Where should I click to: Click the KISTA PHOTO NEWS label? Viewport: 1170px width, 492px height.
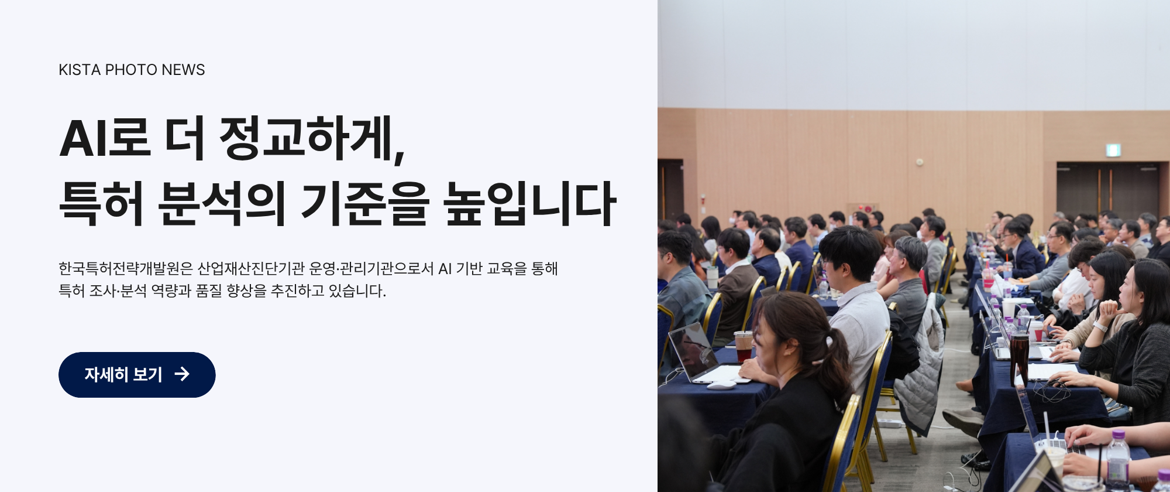pos(132,70)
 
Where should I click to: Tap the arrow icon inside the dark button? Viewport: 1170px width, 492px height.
pos(182,374)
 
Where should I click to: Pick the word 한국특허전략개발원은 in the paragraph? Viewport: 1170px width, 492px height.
pos(125,269)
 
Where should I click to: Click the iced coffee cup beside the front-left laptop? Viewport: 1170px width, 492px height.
pos(742,346)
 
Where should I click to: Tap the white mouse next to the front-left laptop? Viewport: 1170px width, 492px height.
pos(721,385)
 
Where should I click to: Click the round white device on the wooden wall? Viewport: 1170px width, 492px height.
pos(920,162)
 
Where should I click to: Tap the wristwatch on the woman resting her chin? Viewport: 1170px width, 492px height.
pos(1100,326)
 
